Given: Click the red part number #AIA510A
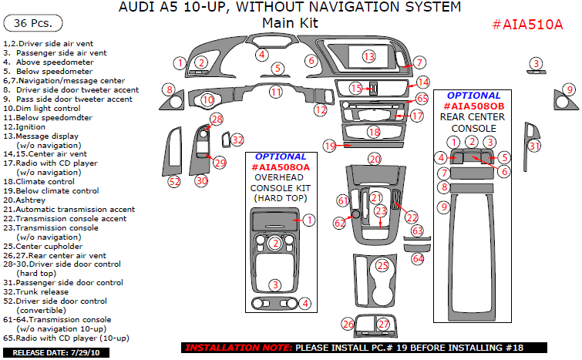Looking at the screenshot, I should pos(527,24).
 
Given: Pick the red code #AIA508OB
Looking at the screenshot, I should pos(473,106).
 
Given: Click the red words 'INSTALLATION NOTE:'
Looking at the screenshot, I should pos(238,348).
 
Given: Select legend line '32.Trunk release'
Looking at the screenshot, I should pos(38,291).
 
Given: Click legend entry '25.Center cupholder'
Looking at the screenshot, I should pos(43,246).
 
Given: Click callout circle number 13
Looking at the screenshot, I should pos(368,56).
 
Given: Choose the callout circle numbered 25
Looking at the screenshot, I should pos(382,266).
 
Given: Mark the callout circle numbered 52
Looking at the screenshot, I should pos(174,181).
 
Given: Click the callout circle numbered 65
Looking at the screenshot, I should pos(422,99).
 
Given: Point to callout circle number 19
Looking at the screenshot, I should pos(330,146).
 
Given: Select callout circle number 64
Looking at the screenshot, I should pos(418,259).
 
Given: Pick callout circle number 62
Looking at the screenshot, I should pos(340,223).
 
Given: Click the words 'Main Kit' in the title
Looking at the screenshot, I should pos(289,23).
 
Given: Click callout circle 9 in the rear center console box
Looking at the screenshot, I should pos(443,207).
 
